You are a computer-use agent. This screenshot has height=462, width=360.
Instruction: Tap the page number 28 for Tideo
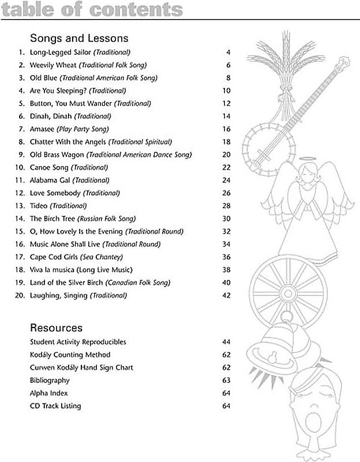pyautogui.click(x=226, y=206)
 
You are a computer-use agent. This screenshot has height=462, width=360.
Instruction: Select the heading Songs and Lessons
pyautogui.click(x=79, y=39)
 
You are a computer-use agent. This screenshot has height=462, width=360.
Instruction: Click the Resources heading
pyautogui.click(x=57, y=328)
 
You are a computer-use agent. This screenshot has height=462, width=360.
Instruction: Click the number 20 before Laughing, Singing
pyautogui.click(x=21, y=296)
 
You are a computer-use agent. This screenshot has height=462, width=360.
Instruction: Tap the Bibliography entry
pyautogui.click(x=50, y=381)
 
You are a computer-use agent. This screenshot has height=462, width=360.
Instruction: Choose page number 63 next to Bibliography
pyautogui.click(x=226, y=381)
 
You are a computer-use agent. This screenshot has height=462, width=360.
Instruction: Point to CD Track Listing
pyautogui.click(x=55, y=406)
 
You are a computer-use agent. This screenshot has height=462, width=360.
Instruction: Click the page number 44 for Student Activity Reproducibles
pyautogui.click(x=226, y=342)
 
